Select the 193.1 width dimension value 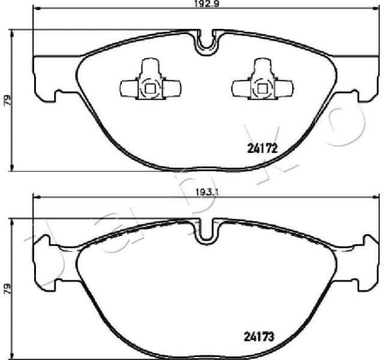204,191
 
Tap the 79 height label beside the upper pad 7,100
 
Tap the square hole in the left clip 150,89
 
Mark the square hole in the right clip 262,89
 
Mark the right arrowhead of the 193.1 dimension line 373,197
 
